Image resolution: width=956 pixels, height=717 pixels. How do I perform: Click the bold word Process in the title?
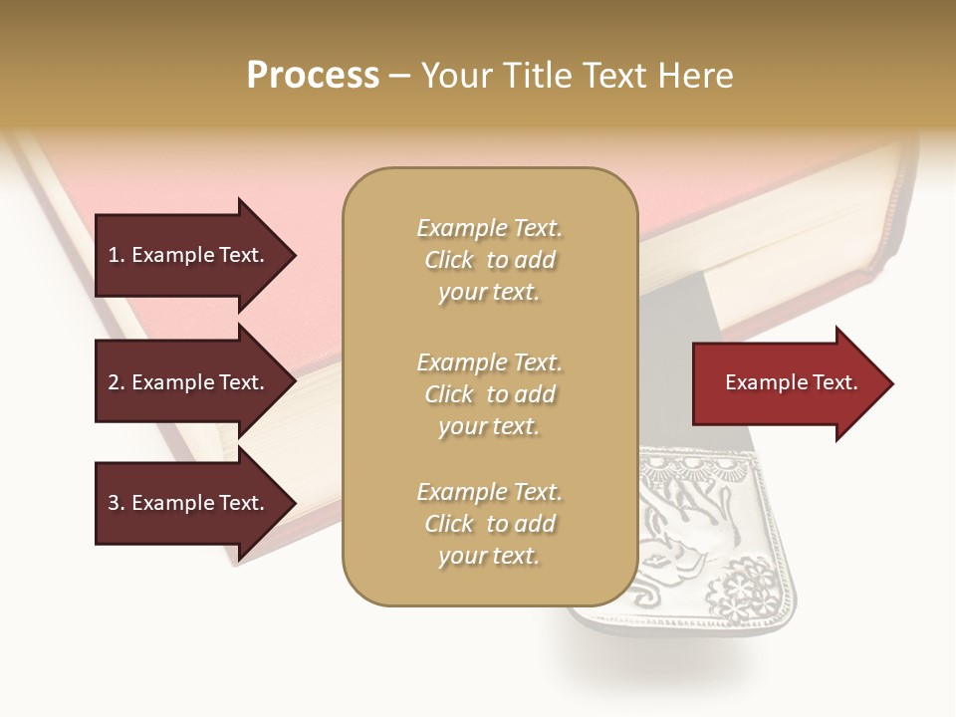(x=313, y=76)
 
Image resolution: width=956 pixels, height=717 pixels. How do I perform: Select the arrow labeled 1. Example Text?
(x=189, y=255)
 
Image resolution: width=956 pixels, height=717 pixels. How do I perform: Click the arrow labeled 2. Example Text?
(x=189, y=382)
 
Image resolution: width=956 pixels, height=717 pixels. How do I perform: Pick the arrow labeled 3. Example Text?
(x=189, y=503)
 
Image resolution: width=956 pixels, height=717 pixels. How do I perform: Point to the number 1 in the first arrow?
(x=113, y=255)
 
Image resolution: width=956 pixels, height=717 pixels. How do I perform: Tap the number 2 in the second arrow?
(x=114, y=382)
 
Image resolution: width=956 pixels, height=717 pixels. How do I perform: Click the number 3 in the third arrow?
(x=114, y=503)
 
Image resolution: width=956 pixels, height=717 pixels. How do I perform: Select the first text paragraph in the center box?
(x=489, y=260)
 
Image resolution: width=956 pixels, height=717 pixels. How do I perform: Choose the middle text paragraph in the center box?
(x=489, y=394)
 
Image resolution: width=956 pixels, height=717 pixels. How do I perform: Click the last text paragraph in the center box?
(x=489, y=524)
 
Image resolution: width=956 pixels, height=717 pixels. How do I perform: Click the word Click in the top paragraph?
(x=448, y=260)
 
